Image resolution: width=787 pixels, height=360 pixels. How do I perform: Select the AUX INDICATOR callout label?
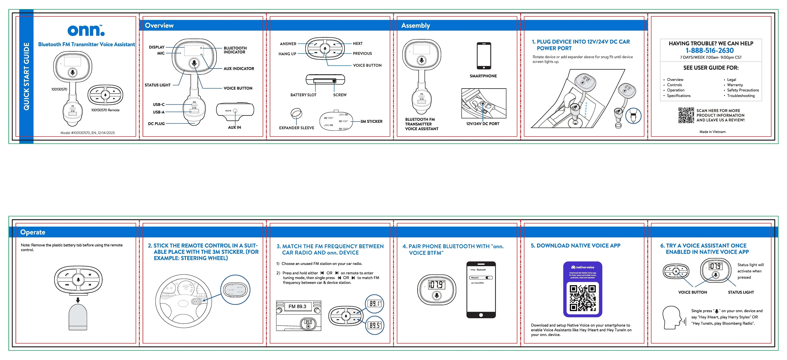click(239, 68)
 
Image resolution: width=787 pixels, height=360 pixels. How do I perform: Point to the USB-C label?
click(159, 105)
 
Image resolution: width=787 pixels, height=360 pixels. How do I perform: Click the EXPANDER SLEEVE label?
click(296, 128)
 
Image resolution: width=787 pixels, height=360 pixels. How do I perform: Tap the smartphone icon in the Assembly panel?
click(484, 56)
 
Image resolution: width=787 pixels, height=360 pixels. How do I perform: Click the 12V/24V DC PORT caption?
click(483, 124)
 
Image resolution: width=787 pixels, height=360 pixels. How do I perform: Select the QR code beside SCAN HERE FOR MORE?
click(686, 115)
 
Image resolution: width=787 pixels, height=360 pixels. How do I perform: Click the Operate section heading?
click(33, 232)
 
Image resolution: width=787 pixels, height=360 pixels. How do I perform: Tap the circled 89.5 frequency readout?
click(375, 325)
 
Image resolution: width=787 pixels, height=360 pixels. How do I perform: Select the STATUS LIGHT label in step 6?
click(741, 292)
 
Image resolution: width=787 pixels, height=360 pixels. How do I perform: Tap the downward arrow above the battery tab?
click(78, 300)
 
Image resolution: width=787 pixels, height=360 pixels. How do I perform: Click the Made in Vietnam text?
click(712, 132)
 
